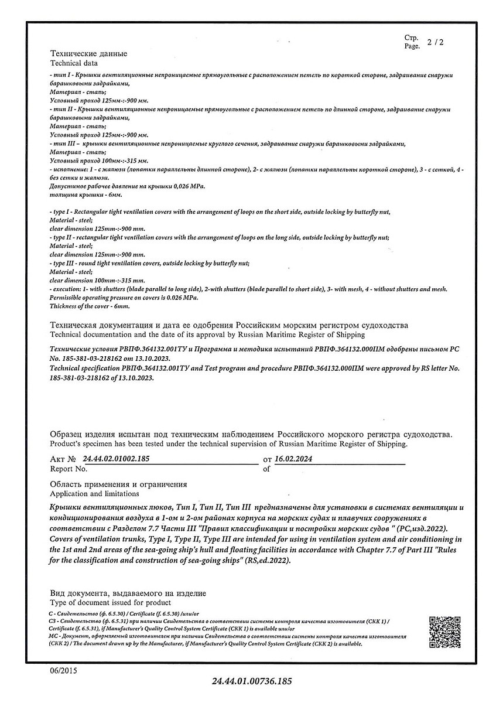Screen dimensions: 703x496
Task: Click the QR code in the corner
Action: [444, 632]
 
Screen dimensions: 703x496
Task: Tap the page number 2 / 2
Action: [435, 43]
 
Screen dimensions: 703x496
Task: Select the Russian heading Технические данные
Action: [88, 54]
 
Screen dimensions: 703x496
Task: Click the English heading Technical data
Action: [74, 63]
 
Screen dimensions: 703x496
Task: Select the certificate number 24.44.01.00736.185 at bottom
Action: [251, 681]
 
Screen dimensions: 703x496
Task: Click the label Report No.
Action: [69, 469]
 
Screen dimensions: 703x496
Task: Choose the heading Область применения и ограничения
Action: [118, 484]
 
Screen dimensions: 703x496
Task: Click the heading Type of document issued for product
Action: [110, 602]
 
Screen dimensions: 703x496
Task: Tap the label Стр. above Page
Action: [411, 38]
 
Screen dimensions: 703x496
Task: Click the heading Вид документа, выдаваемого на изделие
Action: [128, 593]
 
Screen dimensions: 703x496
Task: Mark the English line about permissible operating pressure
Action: [124, 298]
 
